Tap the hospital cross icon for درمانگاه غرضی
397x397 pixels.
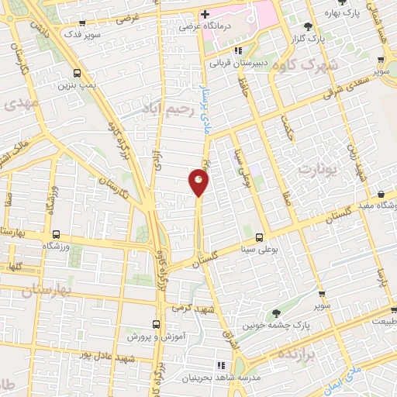[205, 15]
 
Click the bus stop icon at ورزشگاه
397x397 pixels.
[56, 233]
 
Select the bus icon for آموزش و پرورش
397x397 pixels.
[156, 326]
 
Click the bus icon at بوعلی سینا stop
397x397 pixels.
[259, 237]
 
